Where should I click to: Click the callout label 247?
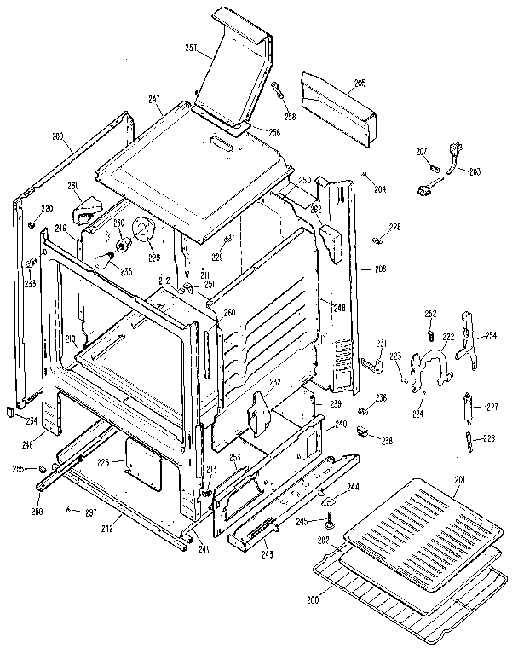[x=154, y=101]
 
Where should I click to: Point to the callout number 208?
[x=380, y=269]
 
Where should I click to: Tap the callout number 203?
[x=475, y=171]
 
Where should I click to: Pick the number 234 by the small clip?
[x=32, y=421]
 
